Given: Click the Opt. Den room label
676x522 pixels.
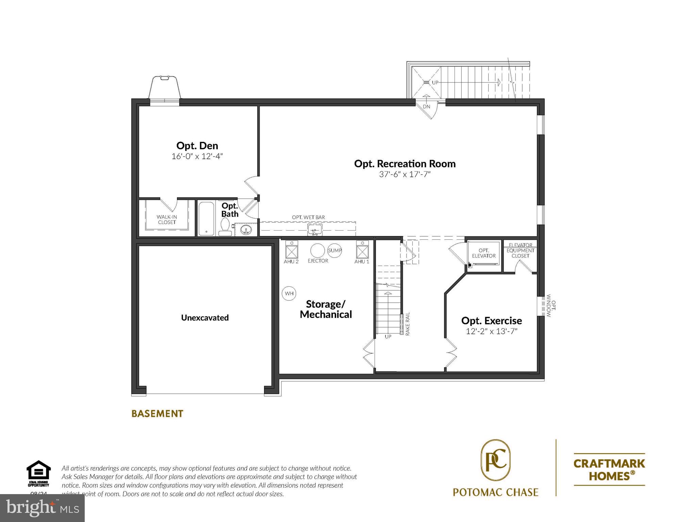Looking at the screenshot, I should click(x=197, y=146).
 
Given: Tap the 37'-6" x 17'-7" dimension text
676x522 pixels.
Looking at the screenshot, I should click(x=405, y=174).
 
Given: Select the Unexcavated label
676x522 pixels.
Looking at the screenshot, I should click(x=205, y=318).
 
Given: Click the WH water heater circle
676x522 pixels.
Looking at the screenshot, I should click(x=289, y=293).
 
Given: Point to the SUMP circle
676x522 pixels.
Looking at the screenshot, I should click(x=334, y=251).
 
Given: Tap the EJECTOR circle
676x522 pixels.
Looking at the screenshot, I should click(x=317, y=251).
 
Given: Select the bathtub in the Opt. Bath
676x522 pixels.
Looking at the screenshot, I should click(x=206, y=219).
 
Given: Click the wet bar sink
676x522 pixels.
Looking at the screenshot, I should click(x=315, y=230).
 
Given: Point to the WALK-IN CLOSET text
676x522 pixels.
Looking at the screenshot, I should click(x=167, y=219).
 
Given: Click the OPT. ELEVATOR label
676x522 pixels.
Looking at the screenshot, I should click(x=484, y=253).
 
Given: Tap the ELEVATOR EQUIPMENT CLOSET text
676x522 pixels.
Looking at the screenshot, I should click(x=520, y=250).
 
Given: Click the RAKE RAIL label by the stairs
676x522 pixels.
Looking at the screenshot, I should click(x=408, y=324).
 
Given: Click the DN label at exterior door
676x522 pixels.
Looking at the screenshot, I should click(x=427, y=106).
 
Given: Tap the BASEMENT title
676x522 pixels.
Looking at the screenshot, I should click(x=157, y=414).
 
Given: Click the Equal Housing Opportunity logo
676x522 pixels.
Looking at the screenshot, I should click(x=38, y=473).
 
